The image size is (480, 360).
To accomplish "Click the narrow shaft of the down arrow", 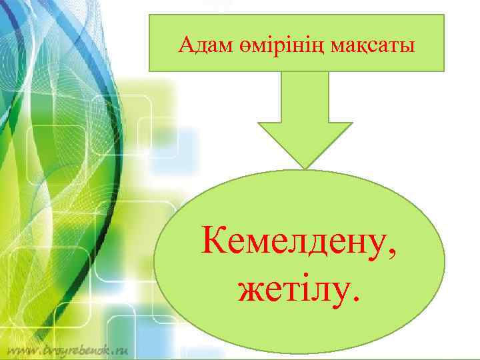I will (x=306, y=97).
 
